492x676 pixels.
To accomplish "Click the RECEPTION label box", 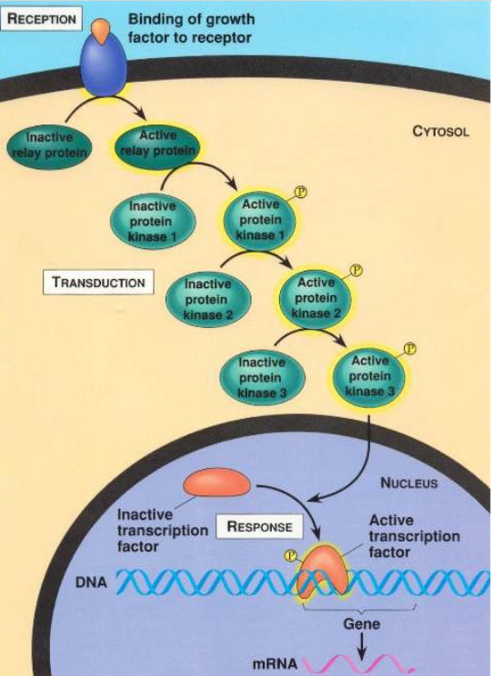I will (x=41, y=17).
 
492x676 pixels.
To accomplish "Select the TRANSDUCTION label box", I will (x=98, y=282).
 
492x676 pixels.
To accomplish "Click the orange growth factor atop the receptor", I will (x=103, y=28).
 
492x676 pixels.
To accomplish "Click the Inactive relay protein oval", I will (x=52, y=145).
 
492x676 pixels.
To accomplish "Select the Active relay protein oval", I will (x=153, y=144).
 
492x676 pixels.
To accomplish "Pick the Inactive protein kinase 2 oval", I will (x=206, y=297).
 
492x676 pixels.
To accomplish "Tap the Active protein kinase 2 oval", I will (x=316, y=297).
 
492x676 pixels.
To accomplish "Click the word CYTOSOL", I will (x=441, y=132).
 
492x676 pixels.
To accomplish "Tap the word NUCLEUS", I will (x=408, y=483).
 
